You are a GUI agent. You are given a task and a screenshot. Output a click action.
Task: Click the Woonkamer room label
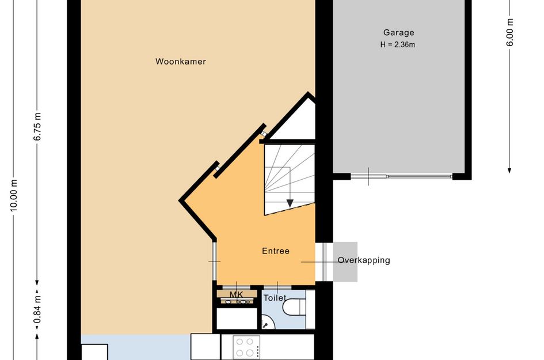pos(180,62)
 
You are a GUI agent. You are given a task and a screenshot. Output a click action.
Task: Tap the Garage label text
pos(398,33)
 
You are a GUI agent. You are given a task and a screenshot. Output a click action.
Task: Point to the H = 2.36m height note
pos(398,44)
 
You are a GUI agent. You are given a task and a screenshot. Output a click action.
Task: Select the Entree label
pos(276,251)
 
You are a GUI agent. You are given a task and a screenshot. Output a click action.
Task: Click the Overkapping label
pos(364,260)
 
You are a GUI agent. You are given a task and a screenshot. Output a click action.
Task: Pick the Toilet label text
pos(275,298)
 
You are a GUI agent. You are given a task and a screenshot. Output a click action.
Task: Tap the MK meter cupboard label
pos(236,295)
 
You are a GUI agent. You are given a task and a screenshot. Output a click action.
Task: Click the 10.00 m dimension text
pos(14,195)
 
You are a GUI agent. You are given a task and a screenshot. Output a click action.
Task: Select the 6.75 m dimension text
pos(37,127)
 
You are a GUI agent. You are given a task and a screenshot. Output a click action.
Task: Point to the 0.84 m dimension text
pos(37,309)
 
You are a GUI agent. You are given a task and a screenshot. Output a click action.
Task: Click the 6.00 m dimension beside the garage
pos(509,32)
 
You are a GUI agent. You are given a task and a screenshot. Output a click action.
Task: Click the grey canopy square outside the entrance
pos(345,262)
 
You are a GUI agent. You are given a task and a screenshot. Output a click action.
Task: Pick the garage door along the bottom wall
pos(401,176)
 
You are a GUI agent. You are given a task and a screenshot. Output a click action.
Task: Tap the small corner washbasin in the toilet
pos(268,323)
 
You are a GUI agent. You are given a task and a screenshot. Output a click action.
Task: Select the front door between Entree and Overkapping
pos(324,262)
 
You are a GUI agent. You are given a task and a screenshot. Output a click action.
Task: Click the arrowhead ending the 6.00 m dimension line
pos(509,170)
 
